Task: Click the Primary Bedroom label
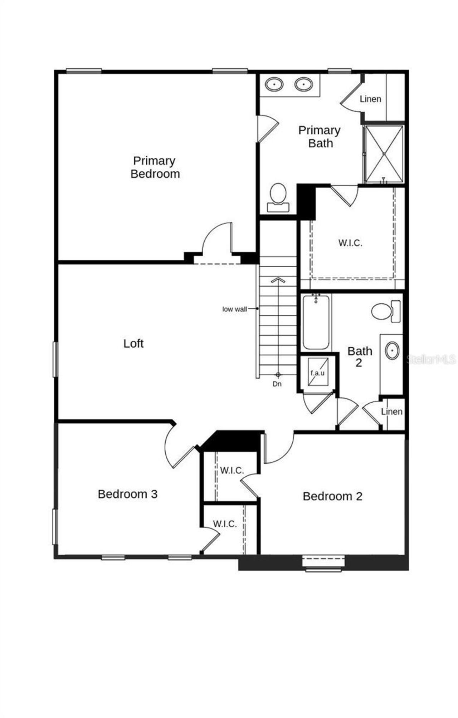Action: (x=155, y=167)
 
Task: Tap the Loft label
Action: (x=133, y=343)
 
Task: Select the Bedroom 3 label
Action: (x=127, y=494)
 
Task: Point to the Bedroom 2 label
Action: (x=332, y=496)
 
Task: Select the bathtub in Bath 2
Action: (x=316, y=322)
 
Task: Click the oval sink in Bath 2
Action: (x=392, y=350)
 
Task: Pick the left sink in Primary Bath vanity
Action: (x=274, y=84)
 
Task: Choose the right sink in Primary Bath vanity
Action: (x=304, y=84)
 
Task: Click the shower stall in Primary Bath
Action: (x=383, y=154)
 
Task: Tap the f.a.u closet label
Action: (x=317, y=373)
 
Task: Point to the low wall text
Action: (x=235, y=309)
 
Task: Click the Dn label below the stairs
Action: (x=277, y=384)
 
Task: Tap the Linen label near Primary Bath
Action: (x=370, y=99)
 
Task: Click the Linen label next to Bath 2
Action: (x=391, y=412)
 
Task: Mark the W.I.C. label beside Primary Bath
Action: (x=350, y=243)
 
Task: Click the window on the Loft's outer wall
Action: (x=55, y=359)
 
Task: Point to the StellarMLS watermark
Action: (x=432, y=359)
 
